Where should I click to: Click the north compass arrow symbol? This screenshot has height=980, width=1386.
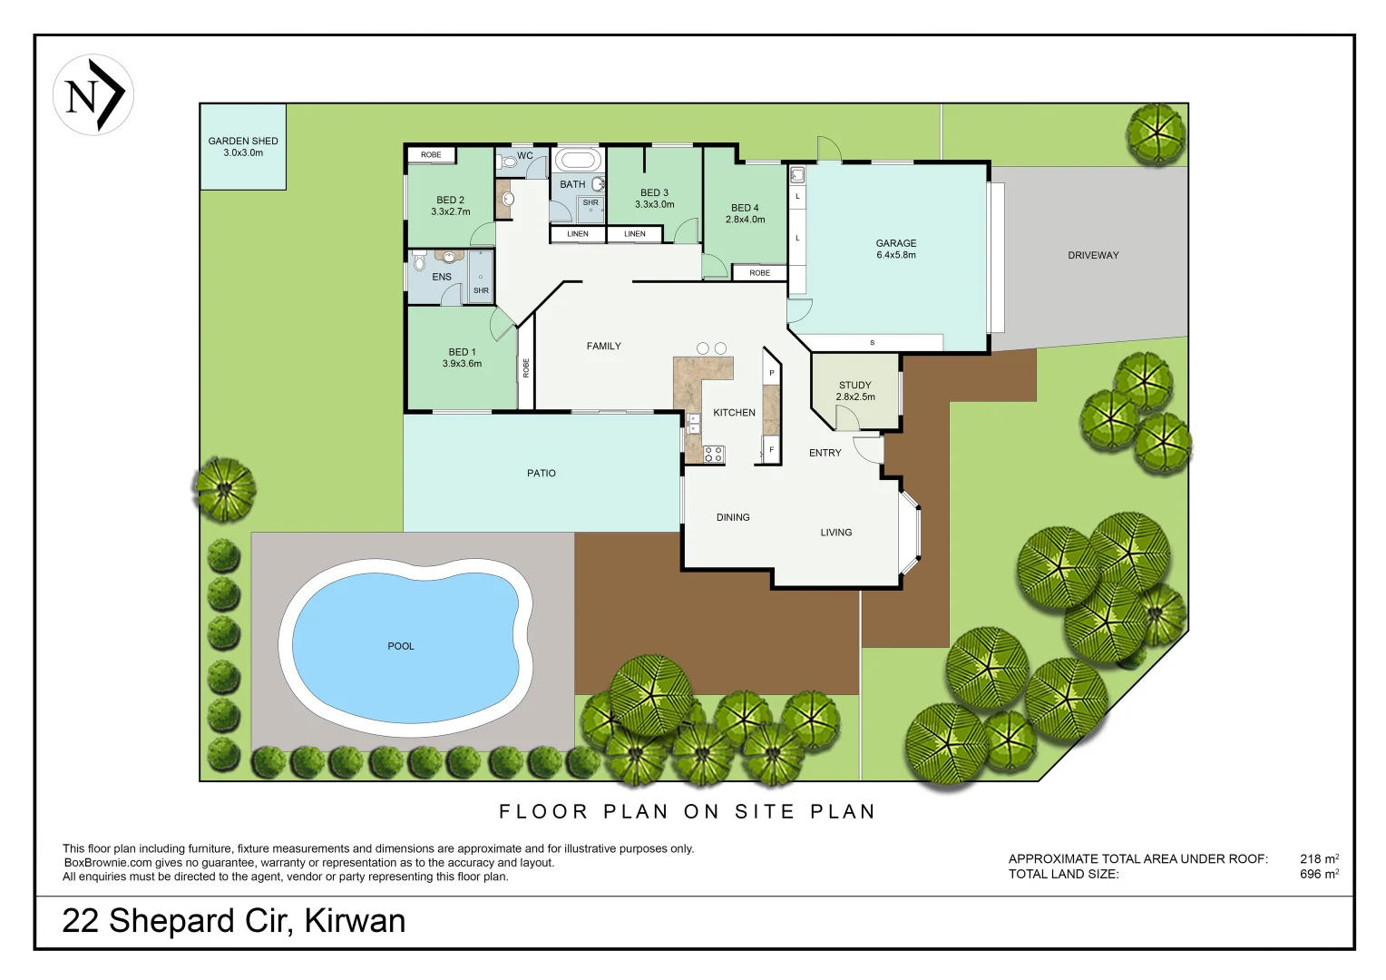[x=93, y=94]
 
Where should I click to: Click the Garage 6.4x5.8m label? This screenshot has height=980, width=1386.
[x=895, y=250]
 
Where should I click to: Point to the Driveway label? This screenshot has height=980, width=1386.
[x=1093, y=256]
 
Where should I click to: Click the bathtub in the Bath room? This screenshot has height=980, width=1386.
[x=578, y=161]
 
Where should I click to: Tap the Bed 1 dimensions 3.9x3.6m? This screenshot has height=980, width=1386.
[x=462, y=364]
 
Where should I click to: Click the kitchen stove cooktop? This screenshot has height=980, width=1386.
[x=714, y=454]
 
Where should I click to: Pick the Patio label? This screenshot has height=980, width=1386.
[x=542, y=474]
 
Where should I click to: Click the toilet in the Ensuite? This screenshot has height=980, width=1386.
[x=419, y=263]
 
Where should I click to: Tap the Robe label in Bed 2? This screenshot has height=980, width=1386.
[x=431, y=155]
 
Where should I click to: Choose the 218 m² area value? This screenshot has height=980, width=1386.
[x=1318, y=858]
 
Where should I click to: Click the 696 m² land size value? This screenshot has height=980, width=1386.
[x=1318, y=874]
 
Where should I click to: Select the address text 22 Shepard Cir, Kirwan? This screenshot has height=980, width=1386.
[x=233, y=921]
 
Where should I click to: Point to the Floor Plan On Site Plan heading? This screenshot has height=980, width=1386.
[x=688, y=811]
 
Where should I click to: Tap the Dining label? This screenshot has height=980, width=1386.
[x=733, y=518]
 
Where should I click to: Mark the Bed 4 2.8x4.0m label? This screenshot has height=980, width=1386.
[x=745, y=214]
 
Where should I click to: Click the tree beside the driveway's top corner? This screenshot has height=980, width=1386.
[x=1156, y=134]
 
